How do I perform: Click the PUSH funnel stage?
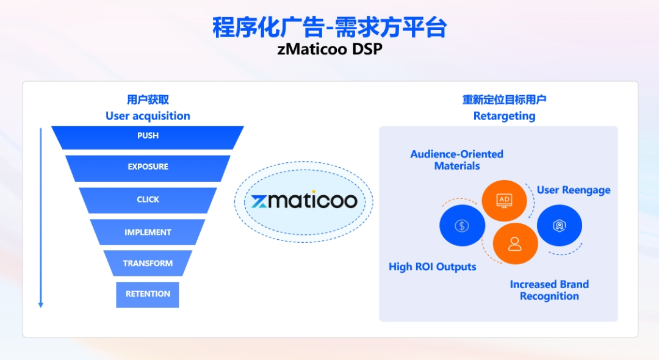point(148,137)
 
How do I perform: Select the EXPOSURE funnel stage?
point(148,168)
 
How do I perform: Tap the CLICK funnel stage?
point(148,200)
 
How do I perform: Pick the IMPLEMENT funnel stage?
point(148,232)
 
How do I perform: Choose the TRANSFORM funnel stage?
point(148,263)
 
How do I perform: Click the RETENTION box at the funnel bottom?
point(148,295)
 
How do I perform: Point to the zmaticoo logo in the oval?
point(304,201)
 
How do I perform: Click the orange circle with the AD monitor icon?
point(505,201)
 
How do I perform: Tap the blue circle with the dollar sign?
point(463,226)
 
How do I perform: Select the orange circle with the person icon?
point(515,243)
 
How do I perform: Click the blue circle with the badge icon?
point(560,226)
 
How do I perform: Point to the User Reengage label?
point(574,190)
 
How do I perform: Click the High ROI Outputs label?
point(433,267)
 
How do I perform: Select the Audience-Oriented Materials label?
point(457,160)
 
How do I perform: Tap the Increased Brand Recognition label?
point(549,290)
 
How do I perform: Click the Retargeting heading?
point(505,117)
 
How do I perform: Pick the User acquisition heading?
point(148,117)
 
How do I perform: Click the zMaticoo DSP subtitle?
point(330,49)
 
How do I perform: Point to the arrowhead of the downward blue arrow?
point(41,305)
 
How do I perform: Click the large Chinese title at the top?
point(329,27)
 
